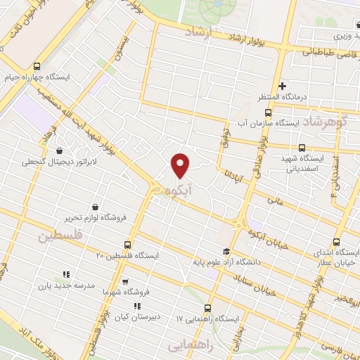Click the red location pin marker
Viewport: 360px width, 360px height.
point(181,165)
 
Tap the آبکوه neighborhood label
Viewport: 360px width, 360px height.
point(179,190)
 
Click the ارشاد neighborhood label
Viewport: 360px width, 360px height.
point(200,32)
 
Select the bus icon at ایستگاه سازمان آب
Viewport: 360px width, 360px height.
point(269,112)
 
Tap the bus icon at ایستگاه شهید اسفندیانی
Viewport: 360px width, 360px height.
point(302,148)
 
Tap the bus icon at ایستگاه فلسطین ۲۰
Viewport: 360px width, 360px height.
point(127,245)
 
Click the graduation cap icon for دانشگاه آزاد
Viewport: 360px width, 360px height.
point(226,252)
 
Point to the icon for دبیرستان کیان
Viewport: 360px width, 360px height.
point(137,306)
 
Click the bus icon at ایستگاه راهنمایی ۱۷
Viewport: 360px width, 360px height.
point(207,308)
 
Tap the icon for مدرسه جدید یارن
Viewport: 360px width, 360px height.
point(65,274)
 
